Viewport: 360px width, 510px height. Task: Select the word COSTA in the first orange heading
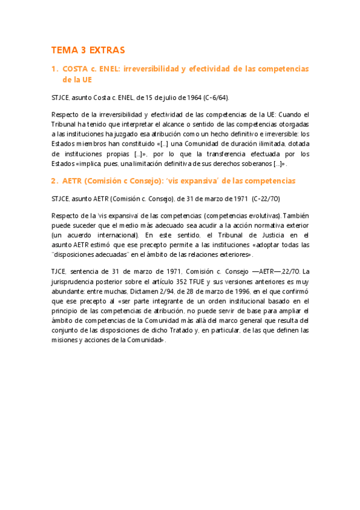75,69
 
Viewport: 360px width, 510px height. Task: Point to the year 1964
194,97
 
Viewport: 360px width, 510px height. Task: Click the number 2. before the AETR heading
54,181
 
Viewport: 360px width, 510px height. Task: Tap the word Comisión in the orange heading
110,181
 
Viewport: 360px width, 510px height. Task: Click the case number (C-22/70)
266,198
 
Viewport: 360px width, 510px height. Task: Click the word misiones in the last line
65,340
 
